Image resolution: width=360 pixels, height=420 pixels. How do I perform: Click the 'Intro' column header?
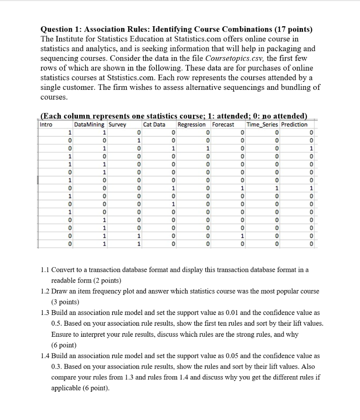click(x=46, y=125)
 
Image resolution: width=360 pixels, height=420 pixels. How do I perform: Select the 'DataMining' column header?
click(x=89, y=125)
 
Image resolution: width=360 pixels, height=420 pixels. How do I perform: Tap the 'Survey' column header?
click(x=117, y=125)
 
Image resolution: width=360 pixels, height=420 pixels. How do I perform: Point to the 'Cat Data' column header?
click(x=154, y=125)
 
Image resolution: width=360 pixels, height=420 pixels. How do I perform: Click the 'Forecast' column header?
click(x=223, y=125)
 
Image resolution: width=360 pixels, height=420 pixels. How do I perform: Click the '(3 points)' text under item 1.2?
click(x=65, y=302)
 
